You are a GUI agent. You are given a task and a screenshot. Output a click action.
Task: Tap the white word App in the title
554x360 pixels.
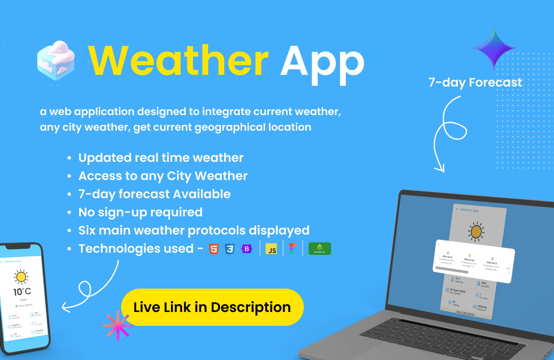tap(322, 61)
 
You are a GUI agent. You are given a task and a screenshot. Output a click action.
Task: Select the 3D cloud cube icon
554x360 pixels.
tap(56, 60)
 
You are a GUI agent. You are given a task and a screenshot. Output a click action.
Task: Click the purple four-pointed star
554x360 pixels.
tap(494, 48)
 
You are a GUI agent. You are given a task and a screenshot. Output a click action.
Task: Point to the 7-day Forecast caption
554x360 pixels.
tap(475, 82)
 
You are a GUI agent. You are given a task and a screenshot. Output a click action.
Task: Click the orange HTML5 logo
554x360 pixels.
tap(214, 249)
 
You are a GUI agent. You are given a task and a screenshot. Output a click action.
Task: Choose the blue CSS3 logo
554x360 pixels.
tap(230, 249)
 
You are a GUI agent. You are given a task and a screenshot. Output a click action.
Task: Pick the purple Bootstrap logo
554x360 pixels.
tap(247, 249)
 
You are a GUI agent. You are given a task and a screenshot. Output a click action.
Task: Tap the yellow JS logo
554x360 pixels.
tap(271, 249)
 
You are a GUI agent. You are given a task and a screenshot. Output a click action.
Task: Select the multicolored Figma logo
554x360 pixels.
tap(293, 249)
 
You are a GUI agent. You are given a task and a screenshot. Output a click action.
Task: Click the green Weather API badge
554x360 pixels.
tap(319, 248)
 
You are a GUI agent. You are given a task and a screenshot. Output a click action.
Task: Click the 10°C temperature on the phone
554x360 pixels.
tap(22, 292)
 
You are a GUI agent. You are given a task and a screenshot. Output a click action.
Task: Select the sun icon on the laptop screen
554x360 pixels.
tap(476, 231)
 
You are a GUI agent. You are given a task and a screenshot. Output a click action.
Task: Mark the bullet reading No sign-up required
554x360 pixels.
tap(140, 212)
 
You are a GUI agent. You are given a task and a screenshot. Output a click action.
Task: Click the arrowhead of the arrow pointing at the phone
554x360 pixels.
tap(64, 308)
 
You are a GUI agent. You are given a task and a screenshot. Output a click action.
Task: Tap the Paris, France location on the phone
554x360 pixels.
tap(25, 305)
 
